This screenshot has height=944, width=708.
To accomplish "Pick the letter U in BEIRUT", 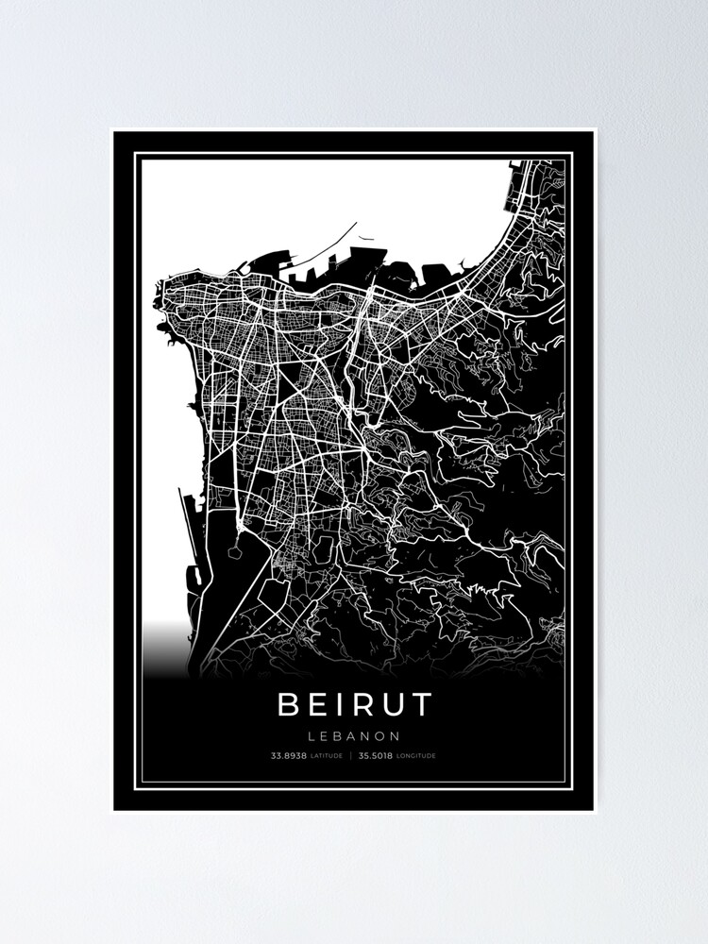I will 389,703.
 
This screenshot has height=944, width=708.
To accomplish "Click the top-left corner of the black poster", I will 113,131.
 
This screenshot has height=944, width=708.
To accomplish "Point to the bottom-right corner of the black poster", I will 594,811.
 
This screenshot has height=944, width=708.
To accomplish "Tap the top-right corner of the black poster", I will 594,131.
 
